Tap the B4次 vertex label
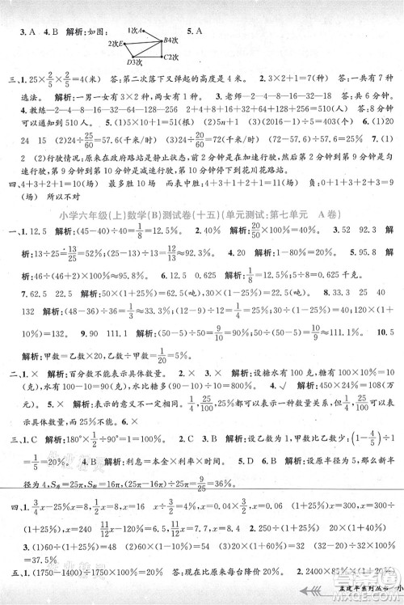(x=171, y=40)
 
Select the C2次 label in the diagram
(x=169, y=57)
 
